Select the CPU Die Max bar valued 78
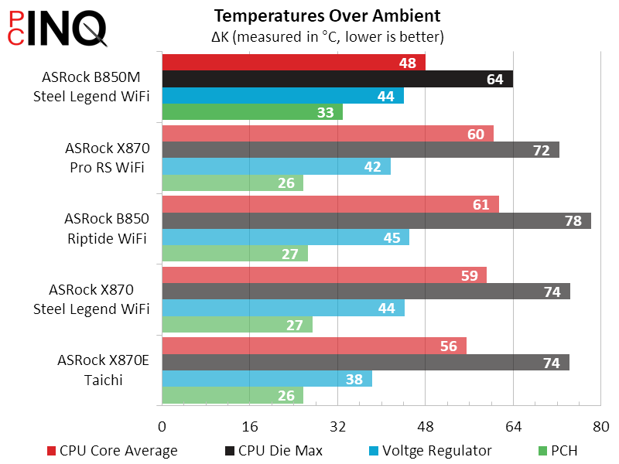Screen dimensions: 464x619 (376, 220)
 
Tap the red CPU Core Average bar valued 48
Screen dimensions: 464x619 (293, 63)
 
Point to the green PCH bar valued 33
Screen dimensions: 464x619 (251, 112)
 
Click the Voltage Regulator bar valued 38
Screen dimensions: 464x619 (266, 379)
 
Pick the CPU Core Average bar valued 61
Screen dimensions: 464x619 (330, 204)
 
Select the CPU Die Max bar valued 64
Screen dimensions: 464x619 (337, 79)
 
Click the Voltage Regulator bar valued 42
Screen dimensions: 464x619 (275, 166)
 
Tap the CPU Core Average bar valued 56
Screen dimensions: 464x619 (313, 346)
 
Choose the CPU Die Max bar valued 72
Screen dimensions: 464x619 (360, 150)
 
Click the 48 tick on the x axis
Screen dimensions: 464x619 (425, 427)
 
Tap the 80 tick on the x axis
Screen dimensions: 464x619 (600, 427)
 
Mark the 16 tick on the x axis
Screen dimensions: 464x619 (249, 427)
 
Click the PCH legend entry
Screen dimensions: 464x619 (556, 451)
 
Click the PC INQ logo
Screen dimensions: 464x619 (57, 29)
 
